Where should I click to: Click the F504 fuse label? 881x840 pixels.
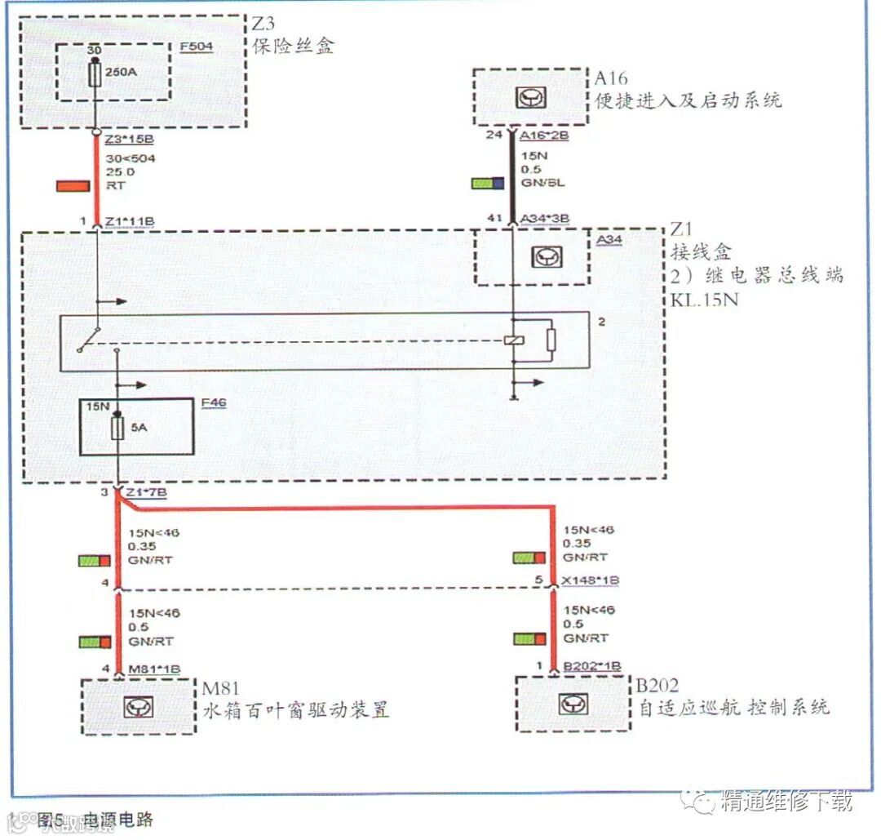[x=196, y=46]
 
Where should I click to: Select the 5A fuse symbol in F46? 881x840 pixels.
[x=117, y=427]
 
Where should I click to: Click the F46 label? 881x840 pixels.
[x=214, y=402]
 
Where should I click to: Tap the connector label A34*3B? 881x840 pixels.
[x=545, y=219]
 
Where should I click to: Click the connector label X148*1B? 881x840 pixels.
[x=590, y=580]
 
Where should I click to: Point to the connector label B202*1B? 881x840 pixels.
[x=592, y=668]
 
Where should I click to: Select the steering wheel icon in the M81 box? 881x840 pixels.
[x=133, y=707]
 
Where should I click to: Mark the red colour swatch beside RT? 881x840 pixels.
[x=73, y=186]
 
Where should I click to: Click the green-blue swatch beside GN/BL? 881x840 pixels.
[x=488, y=183]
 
